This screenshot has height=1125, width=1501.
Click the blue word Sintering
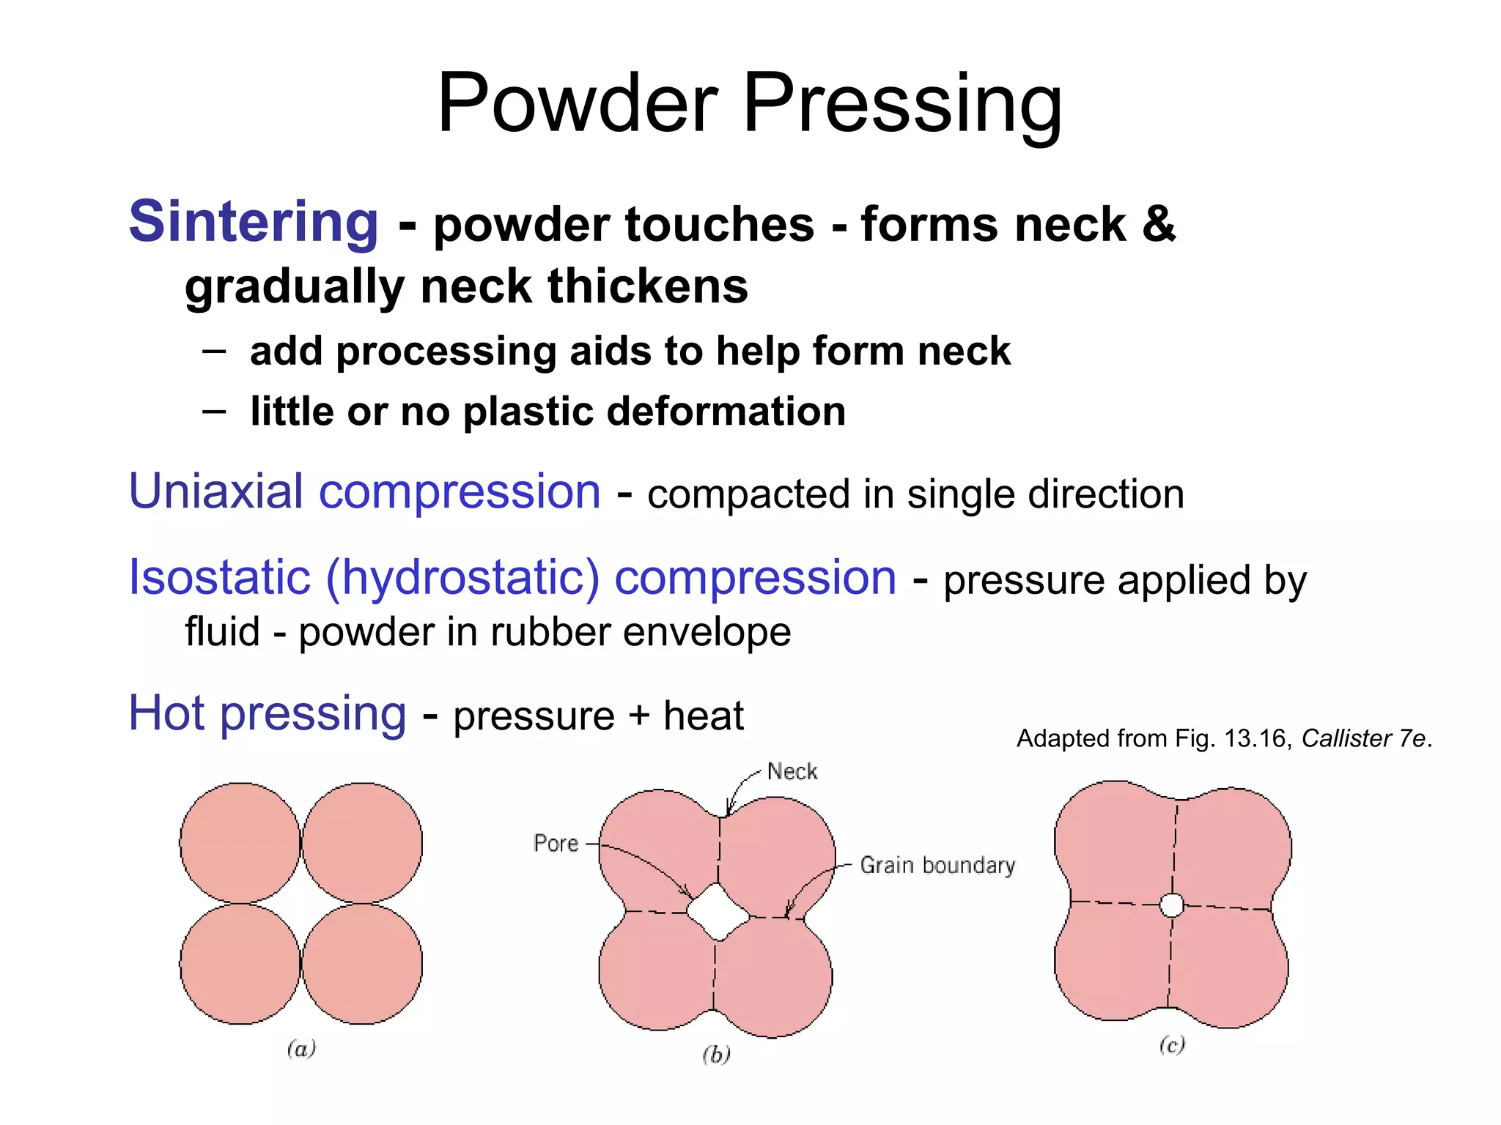click(254, 221)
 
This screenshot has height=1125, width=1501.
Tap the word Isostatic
click(219, 577)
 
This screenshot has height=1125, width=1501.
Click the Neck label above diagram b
click(792, 771)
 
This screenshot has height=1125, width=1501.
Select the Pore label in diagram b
click(556, 844)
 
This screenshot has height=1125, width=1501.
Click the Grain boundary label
click(937, 866)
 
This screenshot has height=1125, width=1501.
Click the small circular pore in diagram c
click(1172, 905)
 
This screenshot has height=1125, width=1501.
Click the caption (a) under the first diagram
click(301, 1049)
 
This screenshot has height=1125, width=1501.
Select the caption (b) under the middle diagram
click(716, 1055)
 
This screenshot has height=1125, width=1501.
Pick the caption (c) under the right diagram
click(1172, 1044)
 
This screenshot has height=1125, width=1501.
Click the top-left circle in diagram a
click(240, 842)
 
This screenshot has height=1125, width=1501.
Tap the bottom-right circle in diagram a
click(362, 963)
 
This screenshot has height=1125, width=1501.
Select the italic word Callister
click(1346, 738)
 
